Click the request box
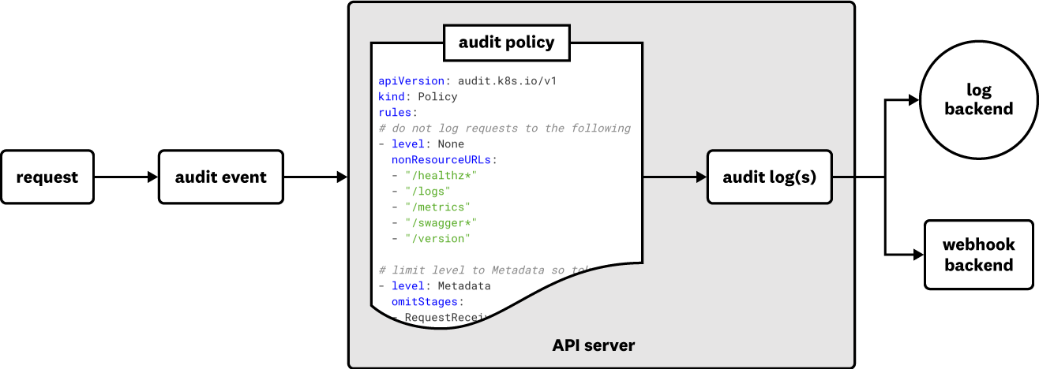[47, 177]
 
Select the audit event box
[221, 177]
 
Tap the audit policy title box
[506, 43]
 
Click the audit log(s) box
[769, 177]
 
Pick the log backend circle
[979, 99]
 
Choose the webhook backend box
[979, 255]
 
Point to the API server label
[593, 345]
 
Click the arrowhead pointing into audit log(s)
[701, 177]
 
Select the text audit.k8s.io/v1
[507, 80]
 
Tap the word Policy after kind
[437, 96]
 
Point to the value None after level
[451, 143]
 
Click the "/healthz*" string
[441, 175]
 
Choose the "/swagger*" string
[441, 222]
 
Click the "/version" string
[437, 238]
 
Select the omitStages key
[425, 301]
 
